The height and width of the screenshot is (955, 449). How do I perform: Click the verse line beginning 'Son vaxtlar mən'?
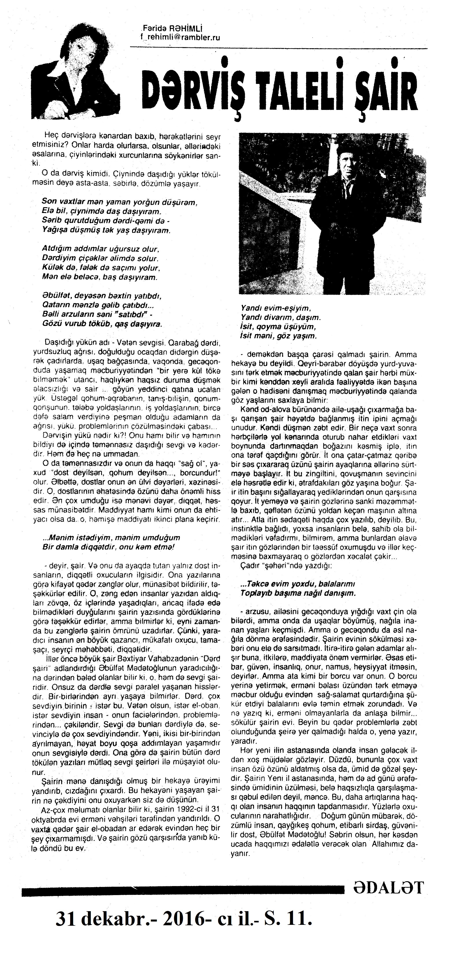click(x=120, y=202)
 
